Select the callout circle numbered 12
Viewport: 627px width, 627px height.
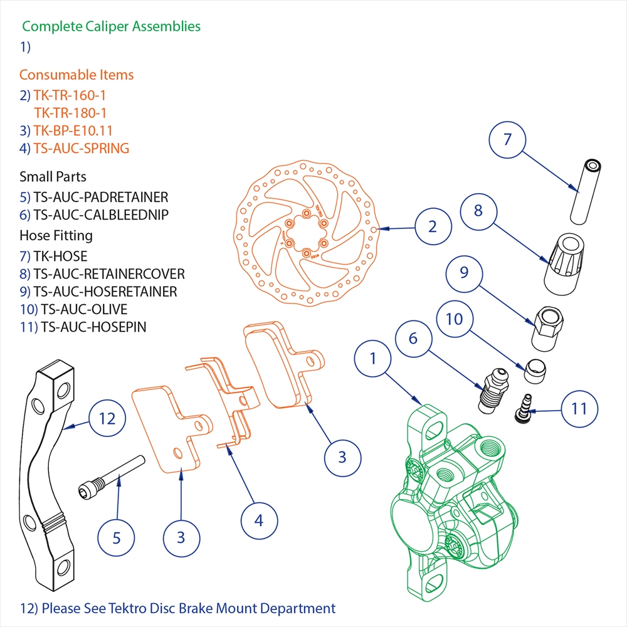click(x=108, y=418)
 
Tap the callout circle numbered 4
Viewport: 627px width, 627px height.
click(x=259, y=520)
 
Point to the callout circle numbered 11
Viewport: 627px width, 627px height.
click(x=579, y=408)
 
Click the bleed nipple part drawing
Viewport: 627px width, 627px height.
click(x=492, y=393)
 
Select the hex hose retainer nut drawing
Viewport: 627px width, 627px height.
click(x=546, y=329)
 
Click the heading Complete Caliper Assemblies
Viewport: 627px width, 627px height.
click(x=111, y=26)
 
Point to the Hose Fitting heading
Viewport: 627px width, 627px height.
click(x=56, y=236)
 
